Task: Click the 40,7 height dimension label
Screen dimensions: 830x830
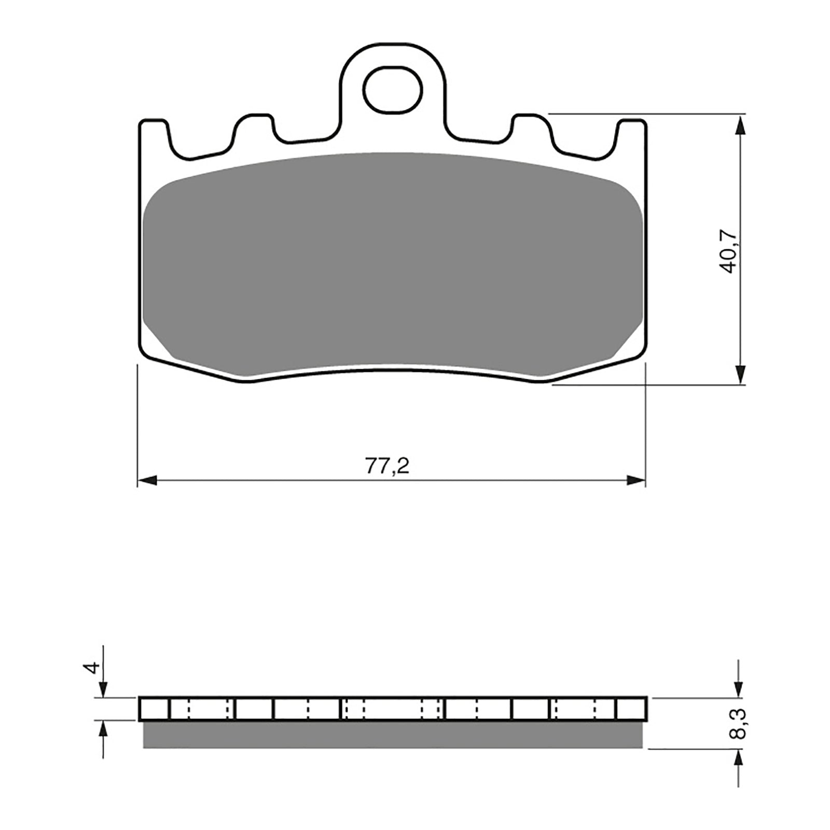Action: [x=728, y=253]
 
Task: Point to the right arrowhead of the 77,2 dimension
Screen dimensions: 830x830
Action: [x=636, y=480]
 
